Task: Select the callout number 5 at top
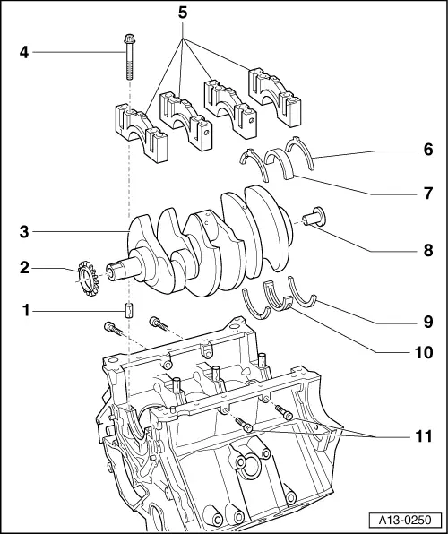tap(185, 15)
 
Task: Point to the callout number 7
tap(426, 193)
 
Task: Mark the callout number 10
tap(423, 352)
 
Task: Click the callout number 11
tap(423, 437)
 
